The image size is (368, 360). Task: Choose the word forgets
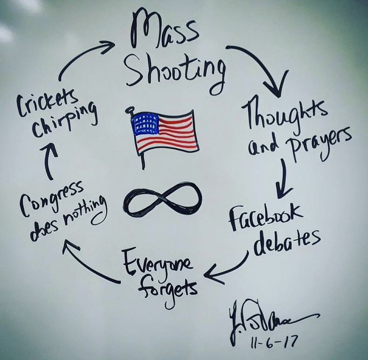pos(167,286)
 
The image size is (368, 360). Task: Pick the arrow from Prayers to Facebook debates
pos(285,181)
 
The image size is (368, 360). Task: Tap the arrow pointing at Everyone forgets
pos(225,271)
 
